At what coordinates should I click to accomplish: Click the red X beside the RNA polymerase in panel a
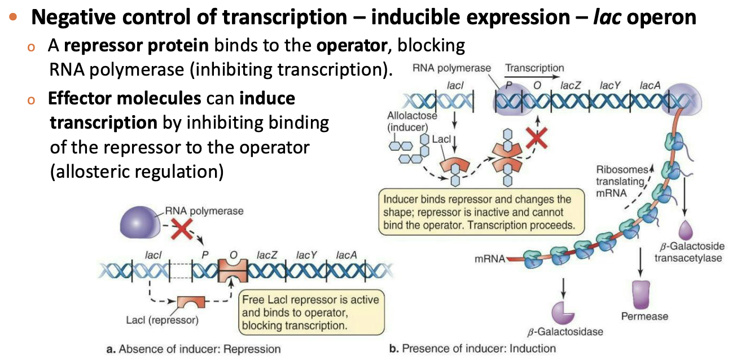[x=182, y=230]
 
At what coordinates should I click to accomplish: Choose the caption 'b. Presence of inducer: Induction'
[x=472, y=348]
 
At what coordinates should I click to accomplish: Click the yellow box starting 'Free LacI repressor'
[x=310, y=312]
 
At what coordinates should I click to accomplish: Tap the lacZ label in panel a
[x=266, y=255]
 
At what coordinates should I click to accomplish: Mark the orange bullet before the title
[x=14, y=17]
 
